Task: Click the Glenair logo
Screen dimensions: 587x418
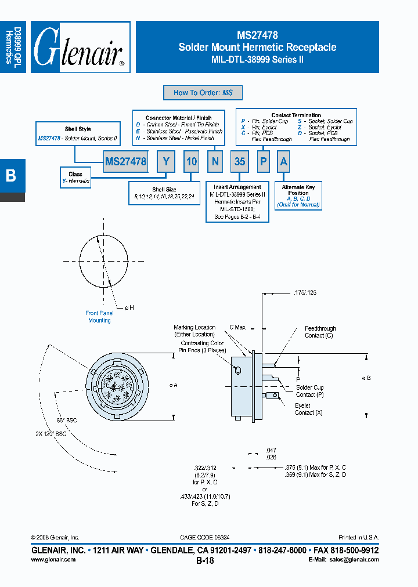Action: (80, 48)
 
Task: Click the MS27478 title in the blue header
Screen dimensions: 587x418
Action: (257, 35)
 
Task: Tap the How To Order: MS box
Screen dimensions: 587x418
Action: (203, 93)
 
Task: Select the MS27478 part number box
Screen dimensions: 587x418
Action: (125, 162)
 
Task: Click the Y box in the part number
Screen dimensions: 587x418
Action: (166, 162)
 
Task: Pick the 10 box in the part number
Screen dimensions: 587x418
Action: (192, 162)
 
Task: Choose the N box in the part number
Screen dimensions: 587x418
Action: (215, 162)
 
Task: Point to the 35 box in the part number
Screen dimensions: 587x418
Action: (240, 162)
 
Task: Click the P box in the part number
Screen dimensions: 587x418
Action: (264, 162)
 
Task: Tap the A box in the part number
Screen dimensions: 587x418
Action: (284, 162)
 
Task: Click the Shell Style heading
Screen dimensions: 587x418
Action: (78, 129)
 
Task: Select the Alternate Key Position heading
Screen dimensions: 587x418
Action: (298, 190)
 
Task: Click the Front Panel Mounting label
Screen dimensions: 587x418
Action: (99, 317)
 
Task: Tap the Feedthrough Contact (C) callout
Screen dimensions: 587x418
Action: (320, 332)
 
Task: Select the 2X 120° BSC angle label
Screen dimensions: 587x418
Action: (52, 433)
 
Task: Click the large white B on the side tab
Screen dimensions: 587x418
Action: (10, 175)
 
